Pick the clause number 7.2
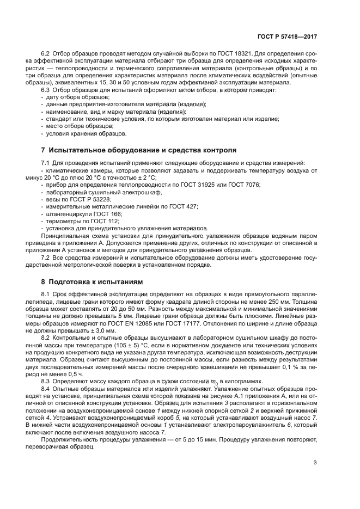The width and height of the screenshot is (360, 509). pyautogui.click(x=47, y=256)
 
